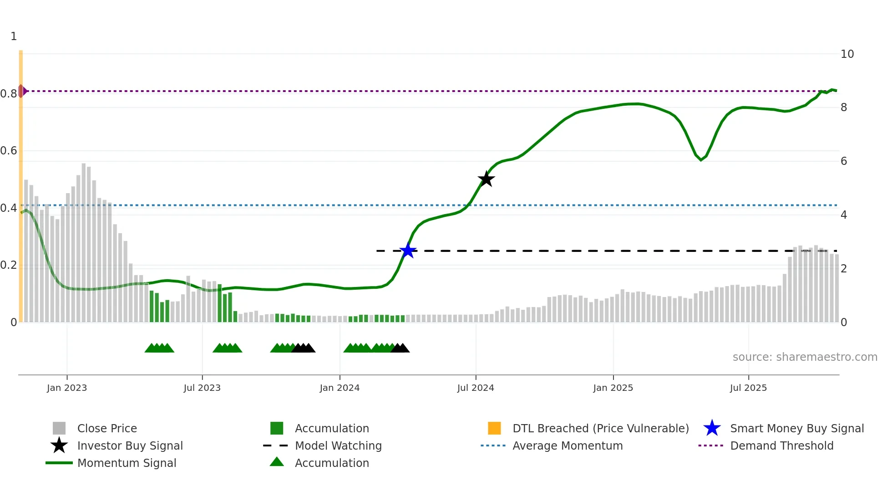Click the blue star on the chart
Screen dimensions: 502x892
coord(408,251)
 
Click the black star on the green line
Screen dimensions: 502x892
coord(486,179)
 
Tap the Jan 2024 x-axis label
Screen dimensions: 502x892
coord(340,388)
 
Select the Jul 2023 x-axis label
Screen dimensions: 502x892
coord(202,388)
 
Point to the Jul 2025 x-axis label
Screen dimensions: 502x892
coord(748,388)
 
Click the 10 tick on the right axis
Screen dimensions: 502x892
coord(847,54)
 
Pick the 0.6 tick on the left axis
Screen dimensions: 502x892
coord(9,151)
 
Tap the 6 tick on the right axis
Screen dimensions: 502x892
coord(844,161)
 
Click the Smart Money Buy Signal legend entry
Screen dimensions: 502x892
coord(796,428)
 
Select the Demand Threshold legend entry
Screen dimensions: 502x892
coord(781,446)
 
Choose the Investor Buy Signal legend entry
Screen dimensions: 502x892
coord(130,446)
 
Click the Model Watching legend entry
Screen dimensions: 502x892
coord(338,446)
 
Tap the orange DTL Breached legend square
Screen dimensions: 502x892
coord(494,428)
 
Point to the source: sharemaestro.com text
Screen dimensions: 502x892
coord(805,357)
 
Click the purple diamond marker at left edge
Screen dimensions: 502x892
coord(21,91)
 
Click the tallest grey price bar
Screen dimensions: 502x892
coord(84,241)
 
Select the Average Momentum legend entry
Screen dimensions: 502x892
coord(567,446)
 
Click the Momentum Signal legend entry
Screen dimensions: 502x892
coord(127,463)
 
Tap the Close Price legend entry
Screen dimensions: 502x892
coord(107,428)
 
